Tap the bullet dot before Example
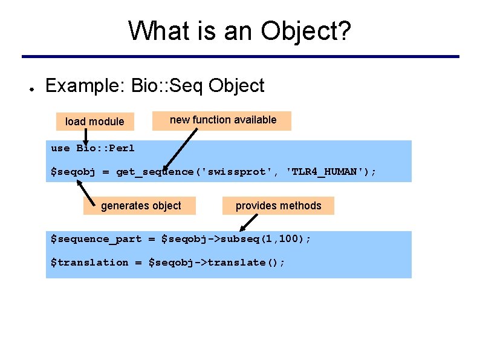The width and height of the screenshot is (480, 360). pos(30,87)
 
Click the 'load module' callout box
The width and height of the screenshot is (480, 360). pos(94,122)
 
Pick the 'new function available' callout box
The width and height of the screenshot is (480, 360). pos(223,120)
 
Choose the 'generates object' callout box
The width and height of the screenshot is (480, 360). pos(141,206)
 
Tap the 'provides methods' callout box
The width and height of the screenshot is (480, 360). pos(278,206)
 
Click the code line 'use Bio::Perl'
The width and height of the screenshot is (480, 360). pos(92,148)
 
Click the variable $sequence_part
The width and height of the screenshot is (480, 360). pos(96,239)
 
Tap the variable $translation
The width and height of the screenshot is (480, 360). pos(89,263)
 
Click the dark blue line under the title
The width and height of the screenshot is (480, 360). pos(240,57)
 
